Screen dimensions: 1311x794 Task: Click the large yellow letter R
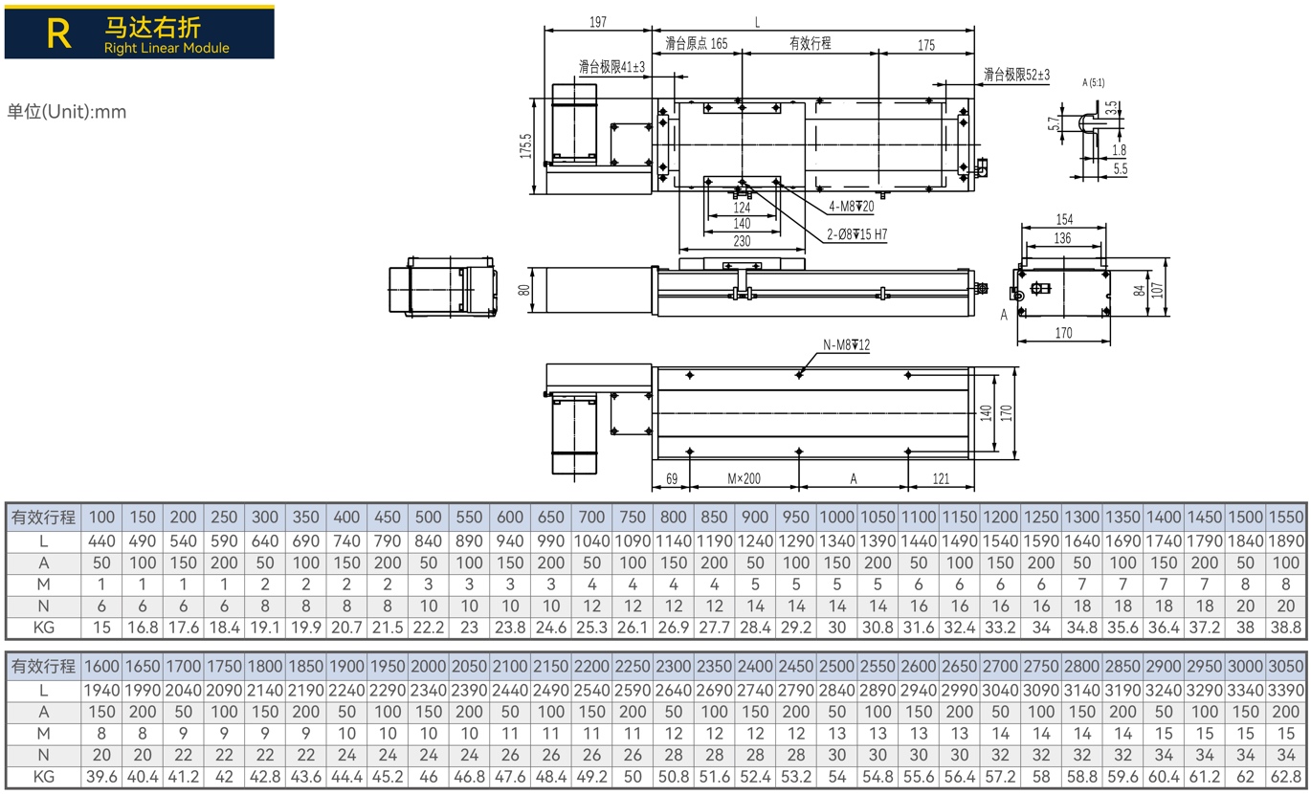(59, 33)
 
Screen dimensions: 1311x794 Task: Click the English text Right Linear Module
(167, 48)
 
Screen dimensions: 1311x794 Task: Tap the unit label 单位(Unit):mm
(67, 112)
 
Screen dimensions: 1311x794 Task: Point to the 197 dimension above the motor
(597, 22)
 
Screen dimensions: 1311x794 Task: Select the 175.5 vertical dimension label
(525, 145)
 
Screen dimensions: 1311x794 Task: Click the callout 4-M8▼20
(852, 207)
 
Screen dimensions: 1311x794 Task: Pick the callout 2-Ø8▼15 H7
(856, 234)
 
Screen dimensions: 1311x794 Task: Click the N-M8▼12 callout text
(846, 345)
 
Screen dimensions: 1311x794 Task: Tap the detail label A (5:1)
(1093, 82)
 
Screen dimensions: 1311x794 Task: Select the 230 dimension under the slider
(742, 241)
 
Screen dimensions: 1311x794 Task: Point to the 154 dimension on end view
(1064, 219)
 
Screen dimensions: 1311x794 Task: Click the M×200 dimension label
(744, 478)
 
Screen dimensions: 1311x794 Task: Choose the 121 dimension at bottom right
(941, 478)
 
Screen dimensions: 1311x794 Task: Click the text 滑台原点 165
(697, 43)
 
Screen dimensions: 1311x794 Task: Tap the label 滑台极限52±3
(1016, 75)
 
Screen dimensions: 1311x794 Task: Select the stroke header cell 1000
(837, 518)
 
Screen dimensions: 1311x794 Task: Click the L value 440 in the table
(101, 541)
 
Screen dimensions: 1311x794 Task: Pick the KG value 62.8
(1286, 777)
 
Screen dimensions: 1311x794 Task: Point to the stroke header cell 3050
(1286, 667)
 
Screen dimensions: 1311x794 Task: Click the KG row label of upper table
(43, 628)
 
